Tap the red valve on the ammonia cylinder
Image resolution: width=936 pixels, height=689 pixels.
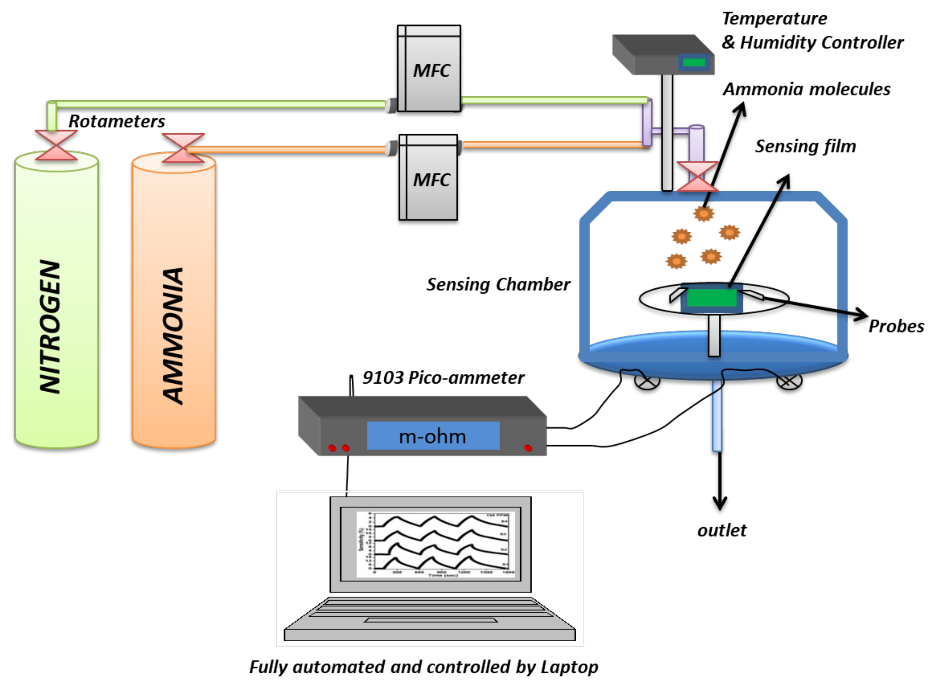(183, 148)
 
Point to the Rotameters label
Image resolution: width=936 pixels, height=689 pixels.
(117, 121)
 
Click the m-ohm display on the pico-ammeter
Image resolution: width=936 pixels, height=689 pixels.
(433, 436)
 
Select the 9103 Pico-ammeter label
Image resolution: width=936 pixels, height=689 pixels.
(443, 378)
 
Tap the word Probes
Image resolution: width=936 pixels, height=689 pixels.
(896, 326)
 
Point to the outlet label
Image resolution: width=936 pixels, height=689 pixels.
(722, 530)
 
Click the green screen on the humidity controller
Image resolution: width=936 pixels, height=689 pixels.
(694, 62)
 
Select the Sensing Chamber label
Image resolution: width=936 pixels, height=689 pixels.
(498, 285)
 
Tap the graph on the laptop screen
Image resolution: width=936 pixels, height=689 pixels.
(436, 544)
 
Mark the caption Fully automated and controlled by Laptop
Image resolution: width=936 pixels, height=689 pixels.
(423, 667)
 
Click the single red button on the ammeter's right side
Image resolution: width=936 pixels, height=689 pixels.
(528, 448)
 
